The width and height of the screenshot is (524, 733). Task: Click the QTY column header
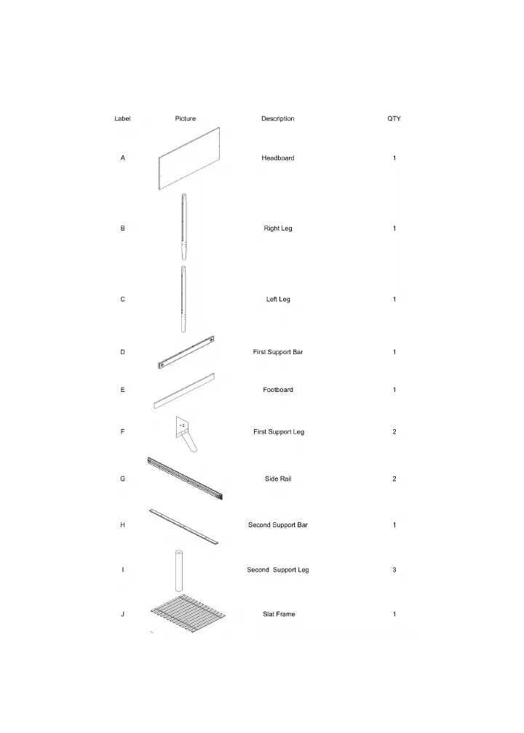point(394,119)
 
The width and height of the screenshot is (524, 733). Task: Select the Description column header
point(277,119)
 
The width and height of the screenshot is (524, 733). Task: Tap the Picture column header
point(186,119)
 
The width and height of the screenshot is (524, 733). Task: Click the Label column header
point(122,119)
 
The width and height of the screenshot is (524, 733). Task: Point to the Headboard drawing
point(188,159)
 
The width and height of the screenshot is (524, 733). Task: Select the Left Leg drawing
point(184,298)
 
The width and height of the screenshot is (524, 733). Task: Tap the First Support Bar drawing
point(186,353)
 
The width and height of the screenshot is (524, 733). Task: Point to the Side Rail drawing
point(187,479)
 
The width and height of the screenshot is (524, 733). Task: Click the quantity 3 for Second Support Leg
point(394,569)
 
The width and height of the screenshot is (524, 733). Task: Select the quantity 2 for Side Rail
point(394,478)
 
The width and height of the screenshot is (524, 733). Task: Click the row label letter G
point(122,478)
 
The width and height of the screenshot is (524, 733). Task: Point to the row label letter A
point(122,158)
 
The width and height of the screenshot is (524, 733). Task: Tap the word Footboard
point(278,390)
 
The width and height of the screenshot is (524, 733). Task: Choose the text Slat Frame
point(279,614)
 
